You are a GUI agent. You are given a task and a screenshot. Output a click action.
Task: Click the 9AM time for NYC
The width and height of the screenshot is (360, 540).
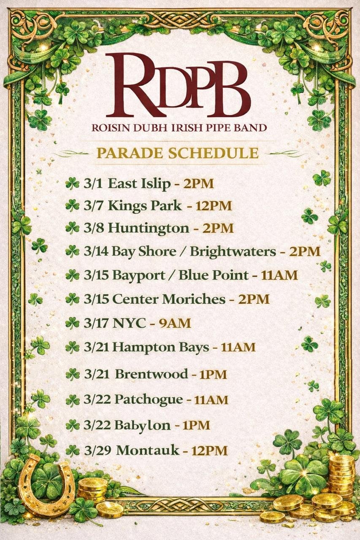(175, 324)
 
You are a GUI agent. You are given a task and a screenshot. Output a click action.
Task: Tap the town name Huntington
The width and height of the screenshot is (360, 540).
(149, 228)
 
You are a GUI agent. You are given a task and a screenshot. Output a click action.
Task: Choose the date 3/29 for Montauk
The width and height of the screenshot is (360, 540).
(97, 450)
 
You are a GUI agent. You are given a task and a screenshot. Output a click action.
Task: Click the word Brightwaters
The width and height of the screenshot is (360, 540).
(232, 252)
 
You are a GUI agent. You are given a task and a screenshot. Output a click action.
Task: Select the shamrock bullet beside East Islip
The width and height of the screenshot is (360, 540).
(72, 183)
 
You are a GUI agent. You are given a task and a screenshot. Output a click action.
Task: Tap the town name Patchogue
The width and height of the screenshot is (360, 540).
(149, 399)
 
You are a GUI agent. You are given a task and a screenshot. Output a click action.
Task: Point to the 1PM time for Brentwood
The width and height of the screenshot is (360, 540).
(213, 375)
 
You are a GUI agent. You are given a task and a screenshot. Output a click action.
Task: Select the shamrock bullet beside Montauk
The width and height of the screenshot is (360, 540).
(72, 451)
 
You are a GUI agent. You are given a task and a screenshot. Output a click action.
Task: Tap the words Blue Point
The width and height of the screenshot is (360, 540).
(213, 275)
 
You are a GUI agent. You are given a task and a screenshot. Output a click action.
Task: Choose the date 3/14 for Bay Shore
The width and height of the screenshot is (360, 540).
(96, 252)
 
